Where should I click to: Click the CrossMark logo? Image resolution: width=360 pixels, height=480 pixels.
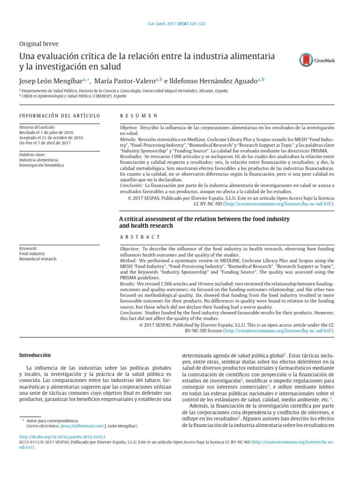[x=317, y=60]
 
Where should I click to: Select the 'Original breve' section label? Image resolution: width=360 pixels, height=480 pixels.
[x=38, y=44]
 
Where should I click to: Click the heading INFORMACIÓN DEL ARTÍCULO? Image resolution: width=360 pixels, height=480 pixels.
[x=60, y=115]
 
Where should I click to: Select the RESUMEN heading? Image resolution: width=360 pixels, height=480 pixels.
[x=138, y=115]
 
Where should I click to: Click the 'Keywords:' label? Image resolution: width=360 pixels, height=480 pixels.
[x=29, y=248]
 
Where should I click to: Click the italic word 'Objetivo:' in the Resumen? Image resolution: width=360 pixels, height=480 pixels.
[x=129, y=127]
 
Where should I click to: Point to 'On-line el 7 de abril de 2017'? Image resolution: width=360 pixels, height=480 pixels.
[x=45, y=143]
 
